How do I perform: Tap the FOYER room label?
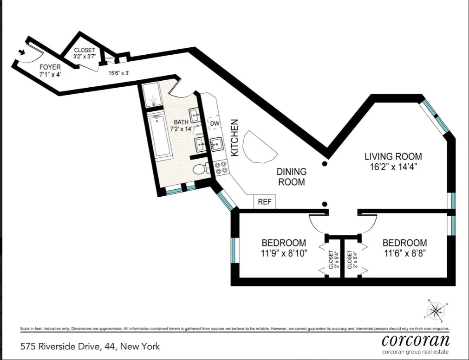49,67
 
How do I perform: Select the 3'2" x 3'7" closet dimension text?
84,56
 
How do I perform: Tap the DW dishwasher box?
215,123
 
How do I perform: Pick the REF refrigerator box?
264,202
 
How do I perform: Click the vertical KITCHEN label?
235,138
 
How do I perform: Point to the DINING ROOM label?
291,176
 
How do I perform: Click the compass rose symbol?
436,310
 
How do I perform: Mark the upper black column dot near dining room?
325,164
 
